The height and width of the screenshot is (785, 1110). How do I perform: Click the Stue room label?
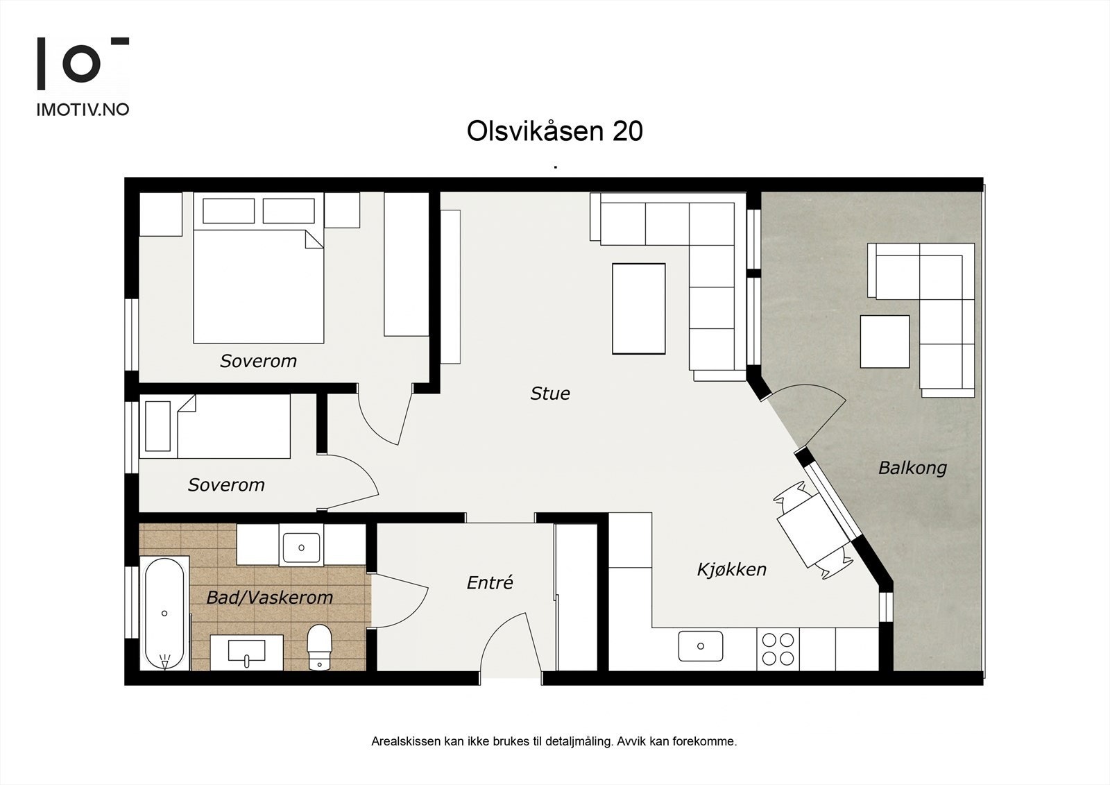click(549, 394)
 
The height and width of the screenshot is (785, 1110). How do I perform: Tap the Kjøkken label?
click(731, 570)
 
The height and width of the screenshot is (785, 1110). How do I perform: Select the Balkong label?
click(912, 467)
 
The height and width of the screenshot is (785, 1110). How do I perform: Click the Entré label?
click(489, 582)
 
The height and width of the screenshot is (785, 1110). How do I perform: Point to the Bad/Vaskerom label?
click(269, 597)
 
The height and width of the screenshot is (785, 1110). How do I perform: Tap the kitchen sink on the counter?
click(700, 646)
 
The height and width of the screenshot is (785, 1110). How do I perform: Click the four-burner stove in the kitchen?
click(777, 649)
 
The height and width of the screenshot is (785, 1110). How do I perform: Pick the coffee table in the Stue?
click(638, 309)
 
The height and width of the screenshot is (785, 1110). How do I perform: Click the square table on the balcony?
click(885, 341)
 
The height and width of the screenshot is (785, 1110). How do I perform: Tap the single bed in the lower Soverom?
click(215, 427)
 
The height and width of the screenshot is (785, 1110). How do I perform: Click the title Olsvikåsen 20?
click(554, 131)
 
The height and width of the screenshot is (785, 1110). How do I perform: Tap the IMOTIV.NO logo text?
click(83, 109)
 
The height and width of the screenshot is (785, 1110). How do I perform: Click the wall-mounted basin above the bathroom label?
click(301, 547)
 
